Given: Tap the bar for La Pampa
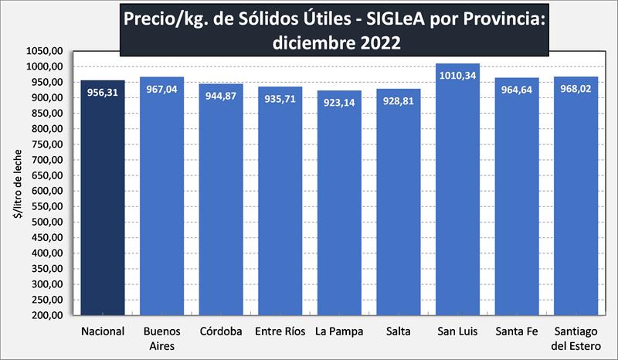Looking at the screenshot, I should [339, 209].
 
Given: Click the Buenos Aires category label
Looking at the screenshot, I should [161, 338].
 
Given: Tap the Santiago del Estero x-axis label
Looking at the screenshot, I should [576, 338].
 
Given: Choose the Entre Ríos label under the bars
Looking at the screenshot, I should [280, 331].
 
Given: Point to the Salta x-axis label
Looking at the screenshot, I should [399, 331].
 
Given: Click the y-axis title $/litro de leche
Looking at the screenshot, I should [17, 183].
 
